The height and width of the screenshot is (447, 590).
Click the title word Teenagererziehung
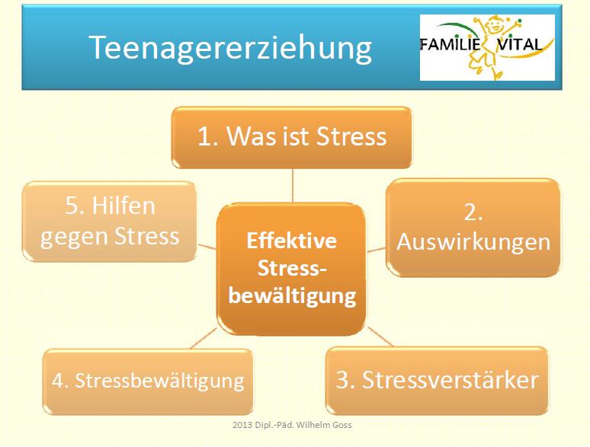coord(230,48)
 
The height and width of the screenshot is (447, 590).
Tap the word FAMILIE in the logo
coord(450,44)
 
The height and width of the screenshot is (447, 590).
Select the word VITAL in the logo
coord(520,44)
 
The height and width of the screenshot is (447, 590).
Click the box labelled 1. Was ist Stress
coord(292,137)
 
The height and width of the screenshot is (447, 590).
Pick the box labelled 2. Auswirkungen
coord(473,228)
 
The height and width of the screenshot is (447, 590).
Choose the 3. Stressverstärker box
coord(437,381)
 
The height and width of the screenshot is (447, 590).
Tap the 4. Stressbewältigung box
coord(148,382)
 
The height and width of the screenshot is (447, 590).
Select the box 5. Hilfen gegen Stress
coord(110,222)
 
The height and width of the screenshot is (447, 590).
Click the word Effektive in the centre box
coord(292,241)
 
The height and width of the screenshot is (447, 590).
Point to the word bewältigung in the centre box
coord(292,296)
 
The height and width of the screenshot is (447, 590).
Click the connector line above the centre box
coord(293,186)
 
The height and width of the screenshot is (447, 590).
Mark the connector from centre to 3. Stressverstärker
coord(380,337)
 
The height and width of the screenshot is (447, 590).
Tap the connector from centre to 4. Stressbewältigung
coord(204,338)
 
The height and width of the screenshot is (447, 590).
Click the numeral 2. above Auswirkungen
coord(473,212)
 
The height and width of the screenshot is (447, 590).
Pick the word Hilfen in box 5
coord(123,206)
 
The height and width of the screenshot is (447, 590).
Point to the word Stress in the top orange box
coord(351,136)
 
